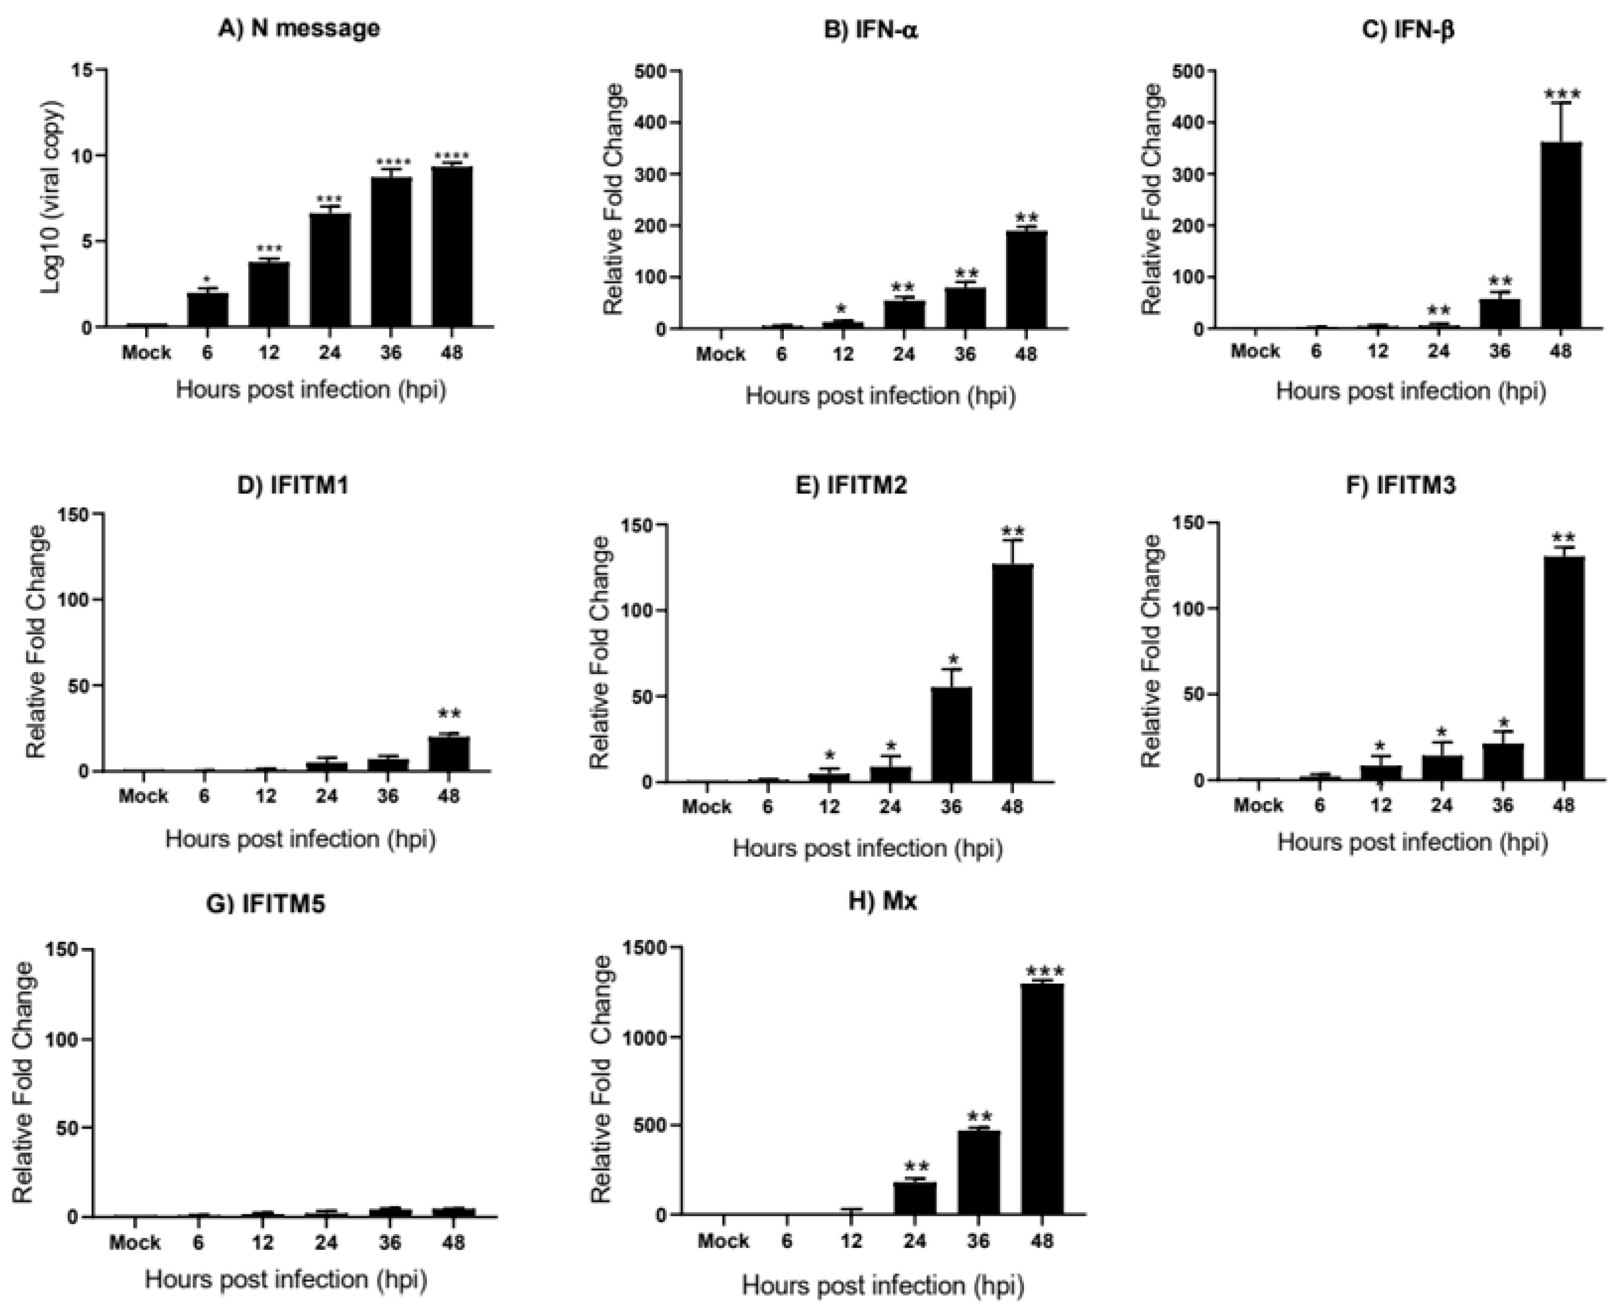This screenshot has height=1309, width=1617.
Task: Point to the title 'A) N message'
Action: coord(299,29)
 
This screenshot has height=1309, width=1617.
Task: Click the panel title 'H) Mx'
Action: coord(883,901)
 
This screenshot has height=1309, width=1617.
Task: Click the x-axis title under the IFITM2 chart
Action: coord(867,849)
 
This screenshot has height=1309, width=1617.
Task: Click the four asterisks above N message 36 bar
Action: coord(392,162)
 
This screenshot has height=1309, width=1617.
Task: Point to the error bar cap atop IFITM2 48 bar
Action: coord(1012,540)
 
